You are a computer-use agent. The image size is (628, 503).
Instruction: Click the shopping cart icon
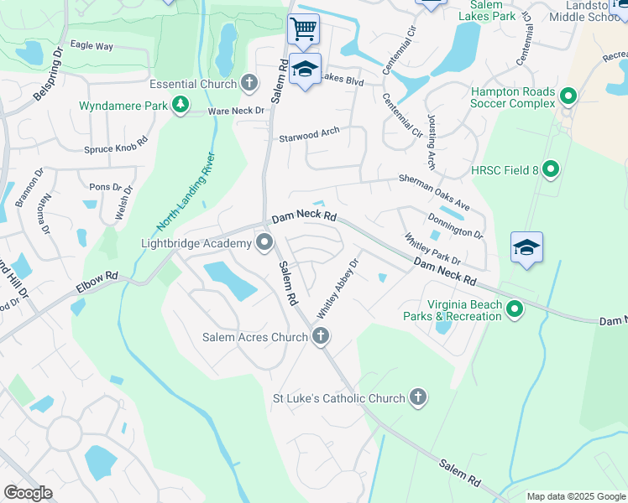coord(303,29)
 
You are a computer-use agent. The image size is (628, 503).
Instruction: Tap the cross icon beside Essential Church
coord(249,83)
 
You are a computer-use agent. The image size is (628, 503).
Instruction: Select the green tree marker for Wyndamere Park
coord(180,105)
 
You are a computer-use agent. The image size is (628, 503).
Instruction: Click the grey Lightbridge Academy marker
coord(265,244)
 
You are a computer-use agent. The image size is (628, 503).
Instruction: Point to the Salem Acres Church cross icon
coord(319,337)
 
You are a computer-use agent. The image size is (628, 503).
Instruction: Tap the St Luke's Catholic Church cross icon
coord(418,398)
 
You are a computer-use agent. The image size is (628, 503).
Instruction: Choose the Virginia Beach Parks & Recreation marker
coord(515,310)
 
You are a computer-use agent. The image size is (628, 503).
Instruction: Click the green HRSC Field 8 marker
coord(551,170)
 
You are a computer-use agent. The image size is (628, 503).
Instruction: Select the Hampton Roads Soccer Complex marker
coord(568,97)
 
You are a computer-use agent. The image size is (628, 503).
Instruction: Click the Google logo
coord(28,493)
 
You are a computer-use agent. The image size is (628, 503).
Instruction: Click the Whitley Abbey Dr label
coord(338,288)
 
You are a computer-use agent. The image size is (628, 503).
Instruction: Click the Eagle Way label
coord(92,46)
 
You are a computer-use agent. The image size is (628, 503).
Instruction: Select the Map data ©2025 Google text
coord(575,496)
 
